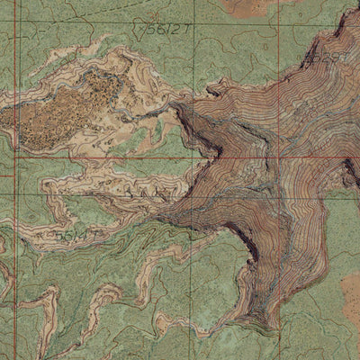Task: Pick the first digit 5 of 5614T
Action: coord(58,236)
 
